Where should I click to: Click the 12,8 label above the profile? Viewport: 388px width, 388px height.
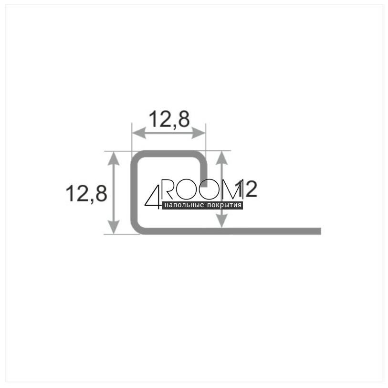coord(169,119)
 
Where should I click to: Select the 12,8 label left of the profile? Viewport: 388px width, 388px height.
coord(86,193)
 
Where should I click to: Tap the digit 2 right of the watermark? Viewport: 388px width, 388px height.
coord(251,189)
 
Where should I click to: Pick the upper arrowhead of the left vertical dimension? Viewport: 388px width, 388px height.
coord(114,158)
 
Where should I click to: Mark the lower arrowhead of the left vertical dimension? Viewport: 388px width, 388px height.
coord(114,227)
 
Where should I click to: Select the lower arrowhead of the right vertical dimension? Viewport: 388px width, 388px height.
coord(222,220)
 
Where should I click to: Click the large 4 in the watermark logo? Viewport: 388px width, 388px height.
coord(153,197)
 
